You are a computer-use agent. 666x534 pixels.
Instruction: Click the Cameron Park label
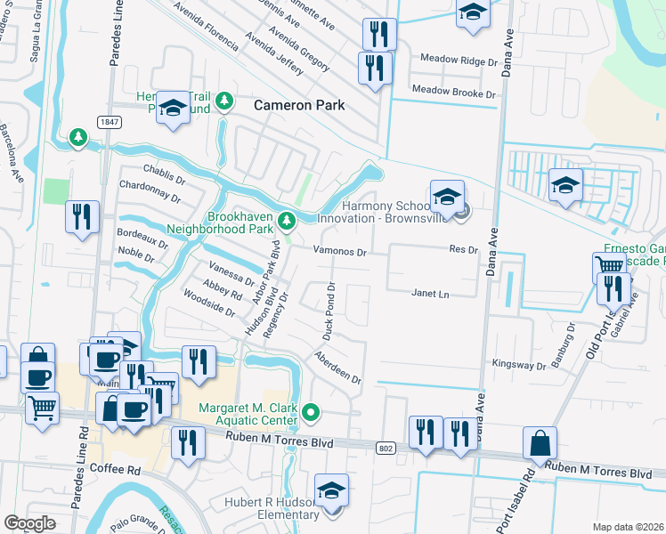click(x=298, y=105)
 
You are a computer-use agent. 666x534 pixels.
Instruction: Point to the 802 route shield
click(x=385, y=448)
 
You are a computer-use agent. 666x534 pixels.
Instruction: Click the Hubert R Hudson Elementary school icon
click(x=331, y=491)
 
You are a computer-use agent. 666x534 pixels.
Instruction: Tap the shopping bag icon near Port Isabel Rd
click(x=540, y=443)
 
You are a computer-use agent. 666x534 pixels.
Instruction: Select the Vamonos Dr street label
click(x=339, y=252)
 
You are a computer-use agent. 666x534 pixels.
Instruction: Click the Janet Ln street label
click(x=429, y=293)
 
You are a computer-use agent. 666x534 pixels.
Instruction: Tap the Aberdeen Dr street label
click(x=337, y=367)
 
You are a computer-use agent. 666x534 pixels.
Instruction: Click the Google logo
click(x=29, y=523)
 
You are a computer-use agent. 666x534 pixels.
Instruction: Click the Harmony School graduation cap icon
click(x=448, y=196)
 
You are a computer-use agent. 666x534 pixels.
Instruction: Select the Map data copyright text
click(x=627, y=527)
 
